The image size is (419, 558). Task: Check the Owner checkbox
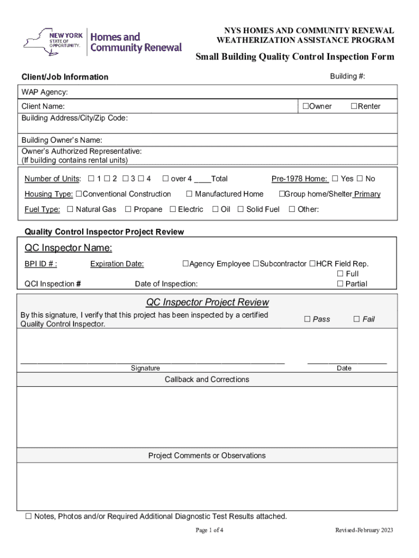306,106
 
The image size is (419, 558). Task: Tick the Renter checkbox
354,106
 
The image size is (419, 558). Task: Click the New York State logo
53,42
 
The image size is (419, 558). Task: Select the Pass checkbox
307,319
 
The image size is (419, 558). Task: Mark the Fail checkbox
357,319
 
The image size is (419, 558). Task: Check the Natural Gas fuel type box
70,209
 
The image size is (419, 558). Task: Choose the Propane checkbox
128,209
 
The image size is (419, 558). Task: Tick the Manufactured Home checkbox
189,194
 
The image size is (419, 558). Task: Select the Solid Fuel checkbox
241,209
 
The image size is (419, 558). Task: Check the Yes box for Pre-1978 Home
335,179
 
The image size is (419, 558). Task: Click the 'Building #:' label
347,76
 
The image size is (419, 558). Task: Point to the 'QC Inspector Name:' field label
69,248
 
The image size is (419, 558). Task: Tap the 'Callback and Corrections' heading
207,379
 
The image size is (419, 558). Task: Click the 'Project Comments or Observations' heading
207,456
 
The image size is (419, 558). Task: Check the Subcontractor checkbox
256,264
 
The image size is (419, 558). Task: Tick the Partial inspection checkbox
340,283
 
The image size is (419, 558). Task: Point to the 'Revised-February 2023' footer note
364,530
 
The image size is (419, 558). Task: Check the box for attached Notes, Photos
28,516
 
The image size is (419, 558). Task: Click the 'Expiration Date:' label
117,264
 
